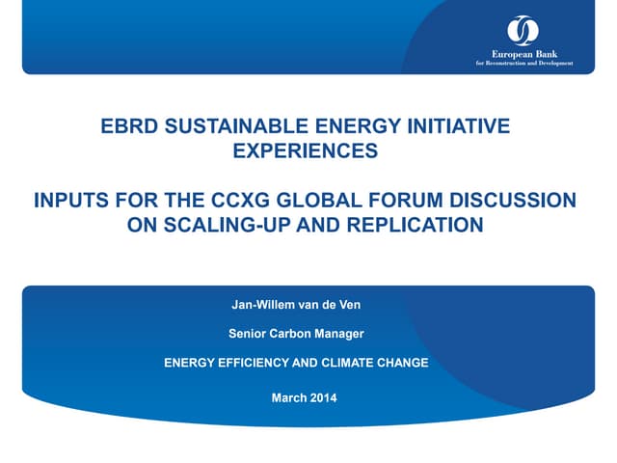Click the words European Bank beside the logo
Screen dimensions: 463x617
pyautogui.click(x=523, y=54)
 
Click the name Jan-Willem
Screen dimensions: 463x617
pyautogui.click(x=264, y=307)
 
